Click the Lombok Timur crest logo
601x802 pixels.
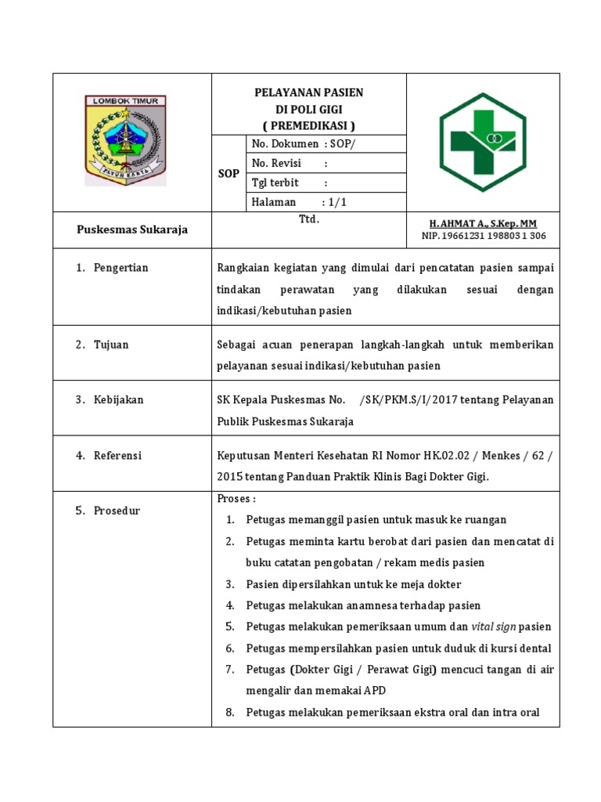pyautogui.click(x=125, y=140)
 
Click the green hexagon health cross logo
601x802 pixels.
pyautogui.click(x=483, y=142)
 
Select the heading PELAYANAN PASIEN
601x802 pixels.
pyautogui.click(x=309, y=92)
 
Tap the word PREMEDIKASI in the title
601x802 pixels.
pyautogui.click(x=309, y=125)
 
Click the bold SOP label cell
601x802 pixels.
pyautogui.click(x=229, y=174)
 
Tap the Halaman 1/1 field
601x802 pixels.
pyautogui.click(x=298, y=202)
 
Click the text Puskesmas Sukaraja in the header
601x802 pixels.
pyautogui.click(x=131, y=230)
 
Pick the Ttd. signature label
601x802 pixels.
pyautogui.click(x=309, y=220)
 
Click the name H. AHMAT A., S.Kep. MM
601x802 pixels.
pyautogui.click(x=484, y=224)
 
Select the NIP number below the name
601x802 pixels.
pyautogui.click(x=484, y=236)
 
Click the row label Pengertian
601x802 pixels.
pyautogui.click(x=121, y=268)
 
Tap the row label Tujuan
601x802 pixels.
pyautogui.click(x=111, y=345)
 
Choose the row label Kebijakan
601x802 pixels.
pyautogui.click(x=118, y=399)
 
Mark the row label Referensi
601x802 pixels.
pyautogui.click(x=117, y=455)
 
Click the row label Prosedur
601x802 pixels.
pyautogui.click(x=117, y=511)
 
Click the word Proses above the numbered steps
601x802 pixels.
pyautogui.click(x=236, y=499)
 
